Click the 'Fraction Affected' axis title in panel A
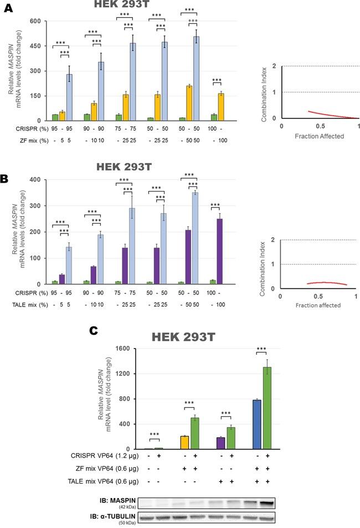320,136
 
